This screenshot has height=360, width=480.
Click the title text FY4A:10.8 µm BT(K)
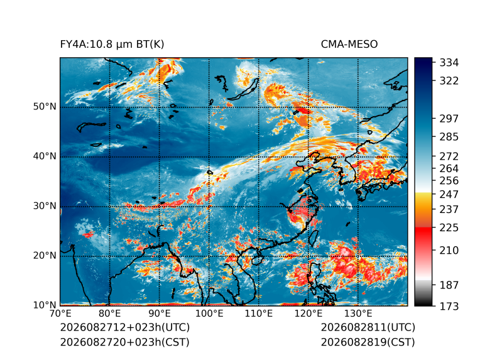(x=112, y=45)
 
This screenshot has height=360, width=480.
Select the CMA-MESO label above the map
(x=349, y=45)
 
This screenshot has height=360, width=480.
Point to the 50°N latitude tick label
(x=45, y=107)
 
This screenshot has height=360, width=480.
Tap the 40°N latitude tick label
(x=45, y=156)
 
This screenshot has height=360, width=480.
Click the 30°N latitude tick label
(x=45, y=205)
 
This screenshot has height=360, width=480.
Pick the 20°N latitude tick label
(x=45, y=255)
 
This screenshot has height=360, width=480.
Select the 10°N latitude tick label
(x=45, y=305)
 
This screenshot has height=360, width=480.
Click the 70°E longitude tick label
(x=60, y=314)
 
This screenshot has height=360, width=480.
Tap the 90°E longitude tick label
(x=159, y=314)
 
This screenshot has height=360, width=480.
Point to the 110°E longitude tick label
(x=259, y=314)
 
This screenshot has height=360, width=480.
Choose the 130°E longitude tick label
(x=358, y=314)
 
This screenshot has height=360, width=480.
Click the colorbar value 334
(x=449, y=63)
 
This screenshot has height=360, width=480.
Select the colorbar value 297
(x=449, y=119)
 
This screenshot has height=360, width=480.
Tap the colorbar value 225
(x=449, y=228)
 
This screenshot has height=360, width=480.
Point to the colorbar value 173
(x=449, y=306)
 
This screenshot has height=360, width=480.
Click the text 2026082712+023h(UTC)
(x=125, y=327)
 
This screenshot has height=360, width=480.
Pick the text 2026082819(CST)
(x=368, y=342)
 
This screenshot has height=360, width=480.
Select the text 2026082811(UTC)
(x=368, y=327)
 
